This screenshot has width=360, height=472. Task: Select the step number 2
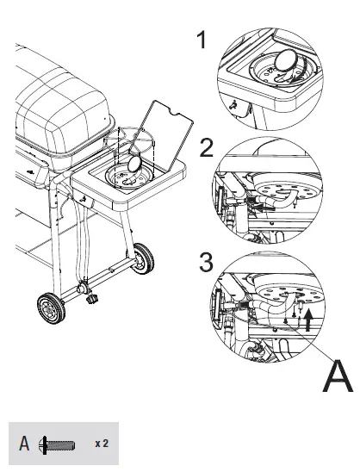pos(206,147)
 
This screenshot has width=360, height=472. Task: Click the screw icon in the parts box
pos(57,445)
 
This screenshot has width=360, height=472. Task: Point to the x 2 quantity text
pos(101,444)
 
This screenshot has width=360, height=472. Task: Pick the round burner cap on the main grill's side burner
pos(135,161)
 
